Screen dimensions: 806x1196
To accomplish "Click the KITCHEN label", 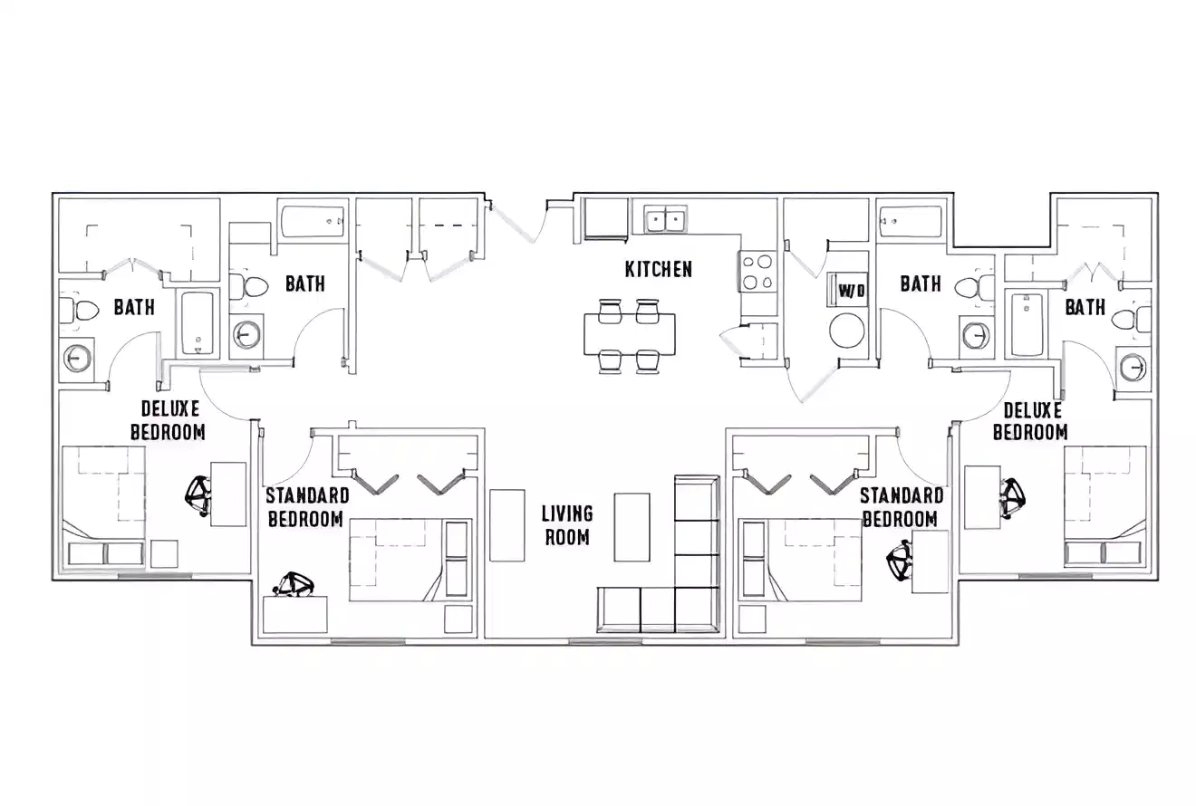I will pyautogui.click(x=659, y=269).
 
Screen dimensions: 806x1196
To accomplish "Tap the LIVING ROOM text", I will pyautogui.click(x=567, y=525).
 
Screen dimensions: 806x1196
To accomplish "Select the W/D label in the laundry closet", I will pyautogui.click(x=851, y=292).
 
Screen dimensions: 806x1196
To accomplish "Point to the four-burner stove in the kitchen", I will pyautogui.click(x=757, y=273).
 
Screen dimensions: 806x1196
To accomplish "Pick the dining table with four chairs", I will pyautogui.click(x=629, y=334).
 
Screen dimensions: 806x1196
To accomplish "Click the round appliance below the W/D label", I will pyautogui.click(x=848, y=331).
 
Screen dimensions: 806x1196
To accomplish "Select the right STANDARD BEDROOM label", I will pyautogui.click(x=901, y=507).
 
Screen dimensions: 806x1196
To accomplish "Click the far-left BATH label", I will pyautogui.click(x=133, y=308).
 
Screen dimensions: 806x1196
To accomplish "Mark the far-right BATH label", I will pyautogui.click(x=1085, y=308).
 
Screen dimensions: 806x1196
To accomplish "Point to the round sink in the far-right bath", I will pyautogui.click(x=1133, y=367).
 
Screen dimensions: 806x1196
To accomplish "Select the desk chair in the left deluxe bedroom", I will pyautogui.click(x=199, y=493).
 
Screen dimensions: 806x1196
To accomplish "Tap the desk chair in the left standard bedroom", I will pyautogui.click(x=295, y=585).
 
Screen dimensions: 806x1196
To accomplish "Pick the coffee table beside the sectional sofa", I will pyautogui.click(x=632, y=527).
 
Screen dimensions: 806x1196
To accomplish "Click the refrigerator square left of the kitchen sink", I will pyautogui.click(x=605, y=218).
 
